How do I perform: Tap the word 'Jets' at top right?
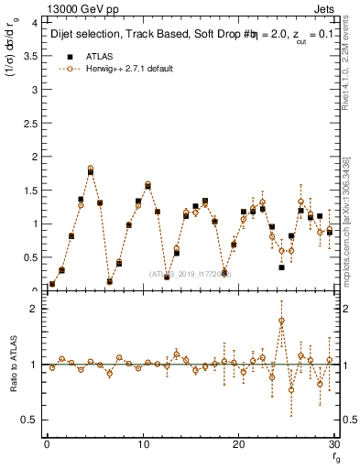324,9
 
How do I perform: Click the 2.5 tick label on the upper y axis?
30,122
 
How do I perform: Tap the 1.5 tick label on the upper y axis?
30,190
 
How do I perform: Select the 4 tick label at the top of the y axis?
35,22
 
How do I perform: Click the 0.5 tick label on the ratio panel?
30,420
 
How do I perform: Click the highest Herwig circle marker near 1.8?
91,169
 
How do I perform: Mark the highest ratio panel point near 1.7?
281,321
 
